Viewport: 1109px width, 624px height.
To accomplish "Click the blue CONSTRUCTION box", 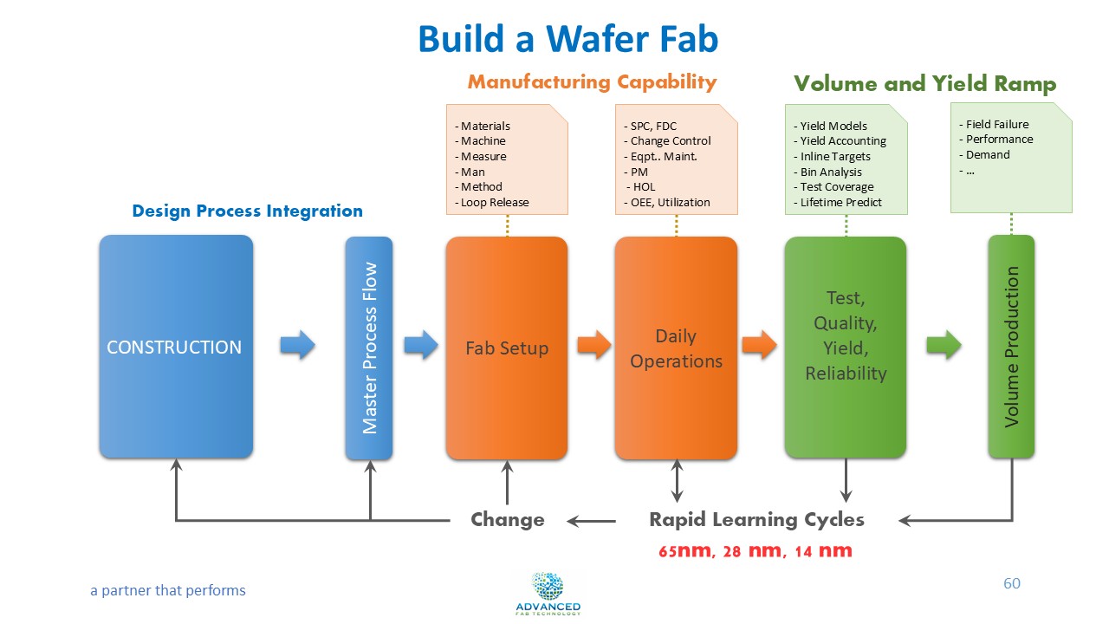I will pyautogui.click(x=175, y=347).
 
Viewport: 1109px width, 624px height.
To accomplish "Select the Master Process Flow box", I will pyautogui.click(x=369, y=348).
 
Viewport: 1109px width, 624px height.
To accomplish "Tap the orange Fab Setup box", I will pyautogui.click(x=507, y=348).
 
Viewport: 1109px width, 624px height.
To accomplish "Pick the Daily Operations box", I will pyautogui.click(x=676, y=348).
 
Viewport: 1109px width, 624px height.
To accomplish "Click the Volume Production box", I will pyautogui.click(x=1011, y=347).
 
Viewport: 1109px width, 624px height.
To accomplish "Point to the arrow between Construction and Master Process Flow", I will pyautogui.click(x=297, y=345).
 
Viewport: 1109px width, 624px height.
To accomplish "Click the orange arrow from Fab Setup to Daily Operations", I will pyautogui.click(x=594, y=345).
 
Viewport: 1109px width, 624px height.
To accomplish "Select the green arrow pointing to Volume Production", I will pyautogui.click(x=944, y=345).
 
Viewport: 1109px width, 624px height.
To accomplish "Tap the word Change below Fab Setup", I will pyautogui.click(x=507, y=519).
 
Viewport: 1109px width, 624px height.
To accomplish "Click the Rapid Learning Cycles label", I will pyautogui.click(x=756, y=519).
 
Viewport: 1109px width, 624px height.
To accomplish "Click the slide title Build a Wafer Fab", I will pyautogui.click(x=567, y=39).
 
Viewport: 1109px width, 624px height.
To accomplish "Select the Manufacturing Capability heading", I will pyautogui.click(x=592, y=82).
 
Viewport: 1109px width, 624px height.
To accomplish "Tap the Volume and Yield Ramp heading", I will pyautogui.click(x=924, y=84).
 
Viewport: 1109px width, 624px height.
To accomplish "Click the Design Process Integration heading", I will pyautogui.click(x=247, y=211).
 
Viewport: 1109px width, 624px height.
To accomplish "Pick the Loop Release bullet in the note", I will pyautogui.click(x=491, y=203).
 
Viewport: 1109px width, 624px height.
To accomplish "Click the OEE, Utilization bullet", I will pyautogui.click(x=666, y=203).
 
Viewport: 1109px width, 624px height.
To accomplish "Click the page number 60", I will pyautogui.click(x=1011, y=583).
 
